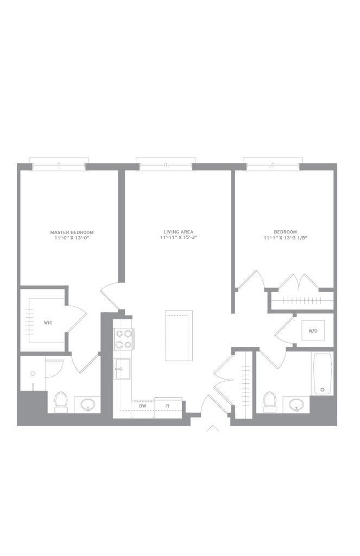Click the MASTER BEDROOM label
point(72,232)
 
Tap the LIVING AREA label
point(179,232)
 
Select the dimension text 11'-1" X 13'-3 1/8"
point(285,238)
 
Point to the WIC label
point(48,323)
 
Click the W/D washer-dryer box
point(313,331)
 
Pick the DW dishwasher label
point(143,406)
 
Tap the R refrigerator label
point(168,406)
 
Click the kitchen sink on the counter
point(122,369)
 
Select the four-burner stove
point(123,339)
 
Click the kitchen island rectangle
point(179,336)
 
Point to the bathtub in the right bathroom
point(323,374)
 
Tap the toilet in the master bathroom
point(61,402)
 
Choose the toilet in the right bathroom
point(270,402)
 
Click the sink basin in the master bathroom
point(87,404)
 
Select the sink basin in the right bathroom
point(296,404)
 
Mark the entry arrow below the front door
point(213,428)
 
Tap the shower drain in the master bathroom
point(33,374)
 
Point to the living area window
point(166,165)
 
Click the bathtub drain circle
point(322,390)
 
